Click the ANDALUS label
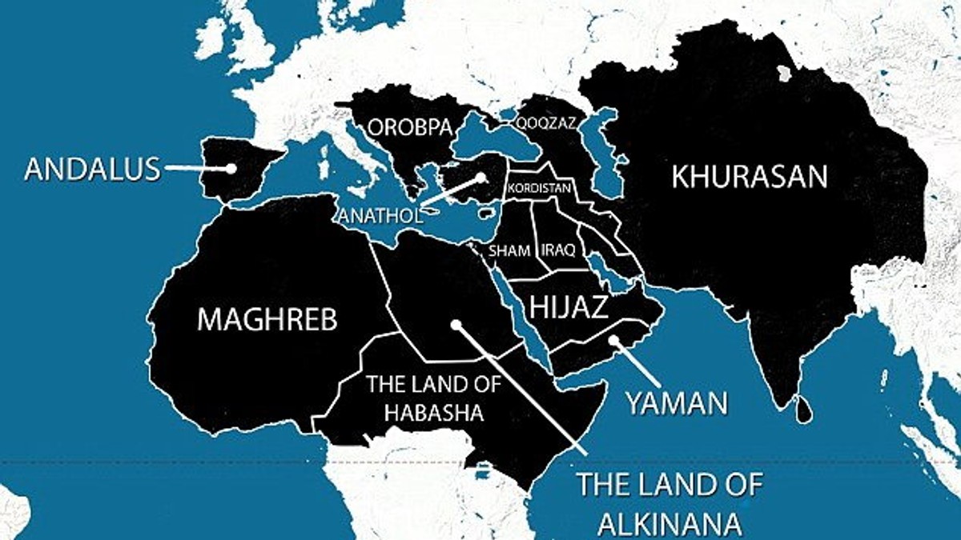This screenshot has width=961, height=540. point(92,169)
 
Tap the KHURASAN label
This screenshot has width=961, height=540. point(749,176)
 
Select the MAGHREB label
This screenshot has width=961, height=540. point(267,319)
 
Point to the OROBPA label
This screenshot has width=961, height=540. point(405,126)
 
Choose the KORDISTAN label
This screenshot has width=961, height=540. point(539,188)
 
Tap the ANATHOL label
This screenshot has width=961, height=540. point(376,215)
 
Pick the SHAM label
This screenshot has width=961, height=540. point(509,250)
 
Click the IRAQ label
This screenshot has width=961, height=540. point(558,250)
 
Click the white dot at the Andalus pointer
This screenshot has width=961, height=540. point(231,169)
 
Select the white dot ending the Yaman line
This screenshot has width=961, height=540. point(612,341)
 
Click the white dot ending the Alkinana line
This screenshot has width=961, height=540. point(456,326)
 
